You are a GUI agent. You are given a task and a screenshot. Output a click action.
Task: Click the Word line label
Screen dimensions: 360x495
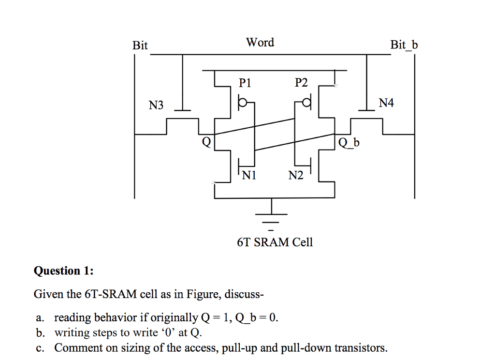click(260, 43)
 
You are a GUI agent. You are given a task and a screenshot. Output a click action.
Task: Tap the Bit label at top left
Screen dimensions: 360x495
click(140, 45)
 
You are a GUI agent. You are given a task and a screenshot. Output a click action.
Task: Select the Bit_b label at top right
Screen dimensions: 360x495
click(404, 45)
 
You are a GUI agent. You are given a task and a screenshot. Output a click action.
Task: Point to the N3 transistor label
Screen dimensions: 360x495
click(156, 105)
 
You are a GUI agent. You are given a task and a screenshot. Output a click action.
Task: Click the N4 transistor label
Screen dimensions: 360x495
click(386, 103)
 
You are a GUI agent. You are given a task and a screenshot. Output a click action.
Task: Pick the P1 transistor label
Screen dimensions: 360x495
click(246, 83)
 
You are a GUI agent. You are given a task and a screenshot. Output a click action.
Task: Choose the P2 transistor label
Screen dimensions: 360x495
click(301, 83)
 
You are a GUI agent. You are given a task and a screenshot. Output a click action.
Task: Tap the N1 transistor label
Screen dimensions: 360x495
click(249, 175)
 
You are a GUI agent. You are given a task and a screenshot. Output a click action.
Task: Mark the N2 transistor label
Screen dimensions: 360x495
click(296, 175)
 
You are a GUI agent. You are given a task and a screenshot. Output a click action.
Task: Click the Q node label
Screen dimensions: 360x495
click(206, 142)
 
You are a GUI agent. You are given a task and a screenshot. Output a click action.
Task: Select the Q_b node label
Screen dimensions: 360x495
click(349, 142)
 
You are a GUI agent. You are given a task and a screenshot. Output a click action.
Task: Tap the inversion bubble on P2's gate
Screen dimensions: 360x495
click(306, 103)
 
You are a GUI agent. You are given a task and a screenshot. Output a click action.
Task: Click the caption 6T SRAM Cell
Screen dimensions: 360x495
click(275, 242)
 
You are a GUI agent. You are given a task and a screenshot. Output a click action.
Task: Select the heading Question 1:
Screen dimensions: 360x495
click(63, 270)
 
